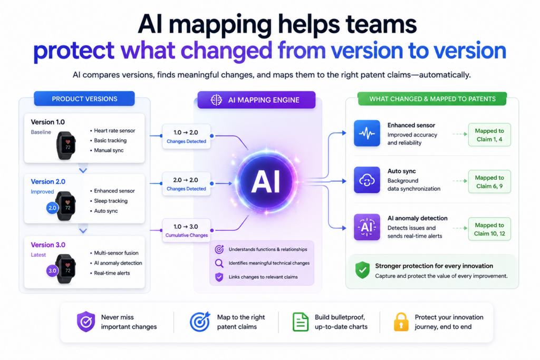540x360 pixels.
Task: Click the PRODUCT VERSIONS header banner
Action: coord(84,99)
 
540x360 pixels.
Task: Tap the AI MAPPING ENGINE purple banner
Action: coord(256,100)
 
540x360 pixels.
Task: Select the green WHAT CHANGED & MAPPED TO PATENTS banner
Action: coord(432,99)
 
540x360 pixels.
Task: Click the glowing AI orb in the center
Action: coord(266,181)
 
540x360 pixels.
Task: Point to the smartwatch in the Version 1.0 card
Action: coord(66,145)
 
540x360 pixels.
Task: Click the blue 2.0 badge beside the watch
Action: coord(52,208)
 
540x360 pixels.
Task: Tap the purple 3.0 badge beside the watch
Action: coord(52,270)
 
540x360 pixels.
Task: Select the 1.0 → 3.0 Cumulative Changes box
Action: coord(186,230)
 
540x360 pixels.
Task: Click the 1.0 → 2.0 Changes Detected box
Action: coord(186,137)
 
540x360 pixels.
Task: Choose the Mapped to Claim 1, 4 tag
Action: coord(489,135)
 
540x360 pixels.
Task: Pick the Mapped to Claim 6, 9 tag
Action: coord(489,182)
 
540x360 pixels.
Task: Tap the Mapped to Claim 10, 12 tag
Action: coord(489,229)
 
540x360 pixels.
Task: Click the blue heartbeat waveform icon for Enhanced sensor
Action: coord(367,133)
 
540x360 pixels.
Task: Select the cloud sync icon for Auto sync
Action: coord(367,180)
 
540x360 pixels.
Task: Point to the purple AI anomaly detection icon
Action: coord(367,227)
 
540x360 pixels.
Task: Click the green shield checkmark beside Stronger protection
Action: coord(362,270)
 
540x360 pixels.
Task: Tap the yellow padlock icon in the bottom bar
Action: coord(401,322)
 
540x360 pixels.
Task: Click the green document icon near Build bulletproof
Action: coord(300,322)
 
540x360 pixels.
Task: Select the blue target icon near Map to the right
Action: coord(200,322)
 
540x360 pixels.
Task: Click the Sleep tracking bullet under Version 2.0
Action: coord(109,201)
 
